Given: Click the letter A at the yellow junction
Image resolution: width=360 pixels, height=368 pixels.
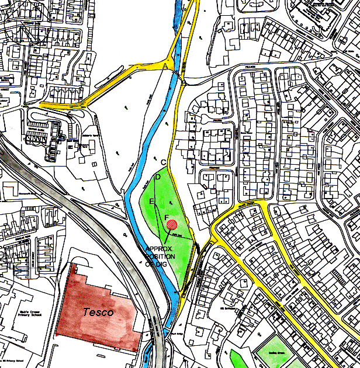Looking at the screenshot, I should coord(165,68).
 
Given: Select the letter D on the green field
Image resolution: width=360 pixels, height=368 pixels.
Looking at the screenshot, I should coord(157,176).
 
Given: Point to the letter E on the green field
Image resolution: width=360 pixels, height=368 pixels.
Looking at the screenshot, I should coord(152,202).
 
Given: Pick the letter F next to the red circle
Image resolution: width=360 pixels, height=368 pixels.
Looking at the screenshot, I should coord(167,217).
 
